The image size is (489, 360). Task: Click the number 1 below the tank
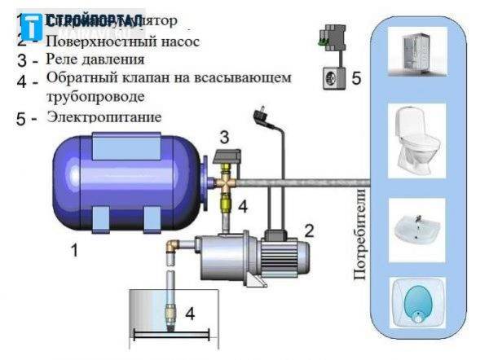pos(75,252)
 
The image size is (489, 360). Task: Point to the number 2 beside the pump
pos(309,230)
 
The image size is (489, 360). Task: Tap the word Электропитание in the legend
pos(104,117)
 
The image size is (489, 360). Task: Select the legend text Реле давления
pos(96,59)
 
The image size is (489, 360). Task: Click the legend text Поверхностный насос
pos(122,39)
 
